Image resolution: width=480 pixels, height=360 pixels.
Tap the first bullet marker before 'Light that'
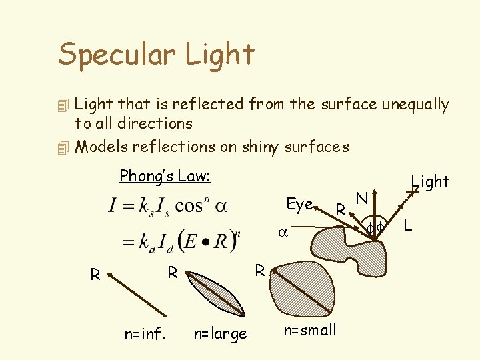click(64, 105)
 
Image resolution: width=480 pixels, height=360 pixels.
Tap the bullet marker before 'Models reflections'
click(64, 147)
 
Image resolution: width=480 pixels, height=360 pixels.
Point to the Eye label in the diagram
click(299, 205)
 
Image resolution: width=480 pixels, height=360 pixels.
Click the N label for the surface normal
click(362, 198)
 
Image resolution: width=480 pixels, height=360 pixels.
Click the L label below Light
click(408, 227)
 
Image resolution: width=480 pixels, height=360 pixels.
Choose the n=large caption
click(220, 333)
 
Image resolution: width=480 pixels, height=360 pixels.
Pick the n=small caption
click(310, 330)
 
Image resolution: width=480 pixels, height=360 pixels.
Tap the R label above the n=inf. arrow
click(95, 274)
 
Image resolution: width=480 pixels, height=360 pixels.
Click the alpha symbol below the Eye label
click(282, 234)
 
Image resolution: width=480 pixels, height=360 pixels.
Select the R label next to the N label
click(340, 211)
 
